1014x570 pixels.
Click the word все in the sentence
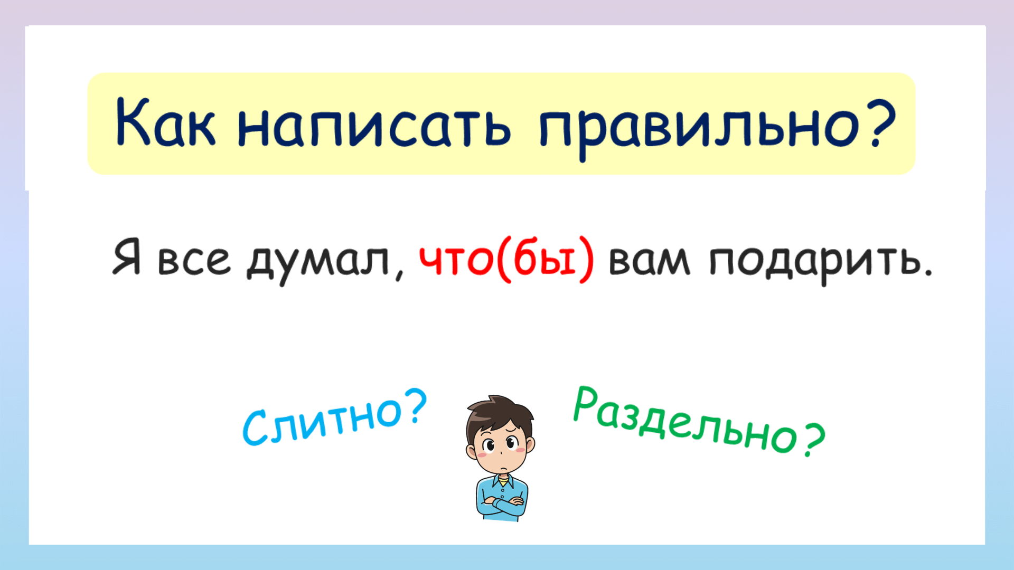(x=194, y=260)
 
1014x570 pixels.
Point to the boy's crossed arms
(x=502, y=504)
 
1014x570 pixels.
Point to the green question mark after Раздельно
(x=814, y=440)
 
